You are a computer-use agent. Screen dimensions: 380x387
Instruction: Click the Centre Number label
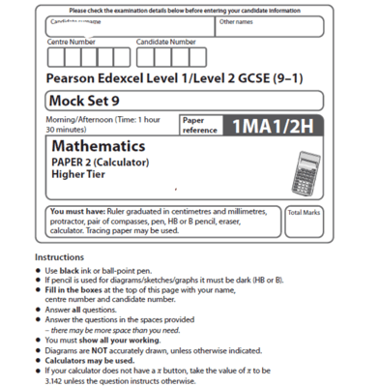click(72, 43)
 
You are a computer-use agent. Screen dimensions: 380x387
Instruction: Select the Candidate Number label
click(165, 43)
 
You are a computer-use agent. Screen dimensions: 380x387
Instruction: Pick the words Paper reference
click(197, 125)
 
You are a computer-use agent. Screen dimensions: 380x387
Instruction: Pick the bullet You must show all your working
click(105, 340)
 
